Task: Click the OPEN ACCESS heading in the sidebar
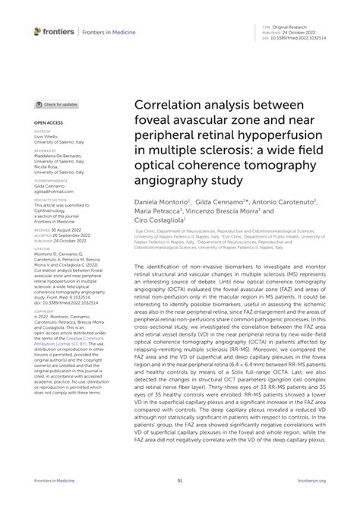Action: (46, 122)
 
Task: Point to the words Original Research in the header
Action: (295, 26)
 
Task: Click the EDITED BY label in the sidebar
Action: (42, 131)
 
